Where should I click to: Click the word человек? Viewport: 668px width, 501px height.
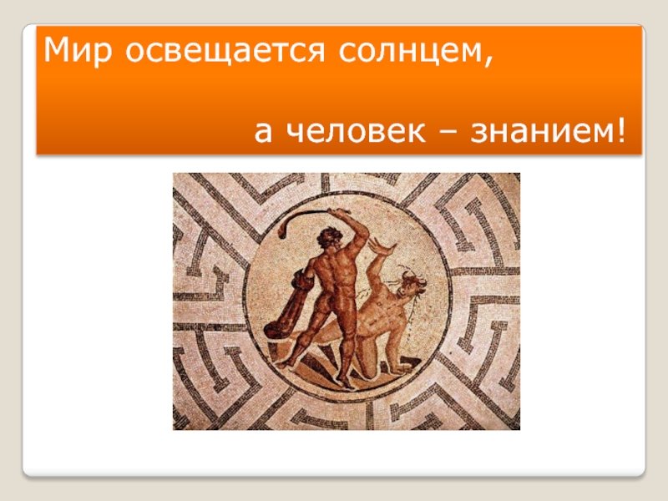point(357,131)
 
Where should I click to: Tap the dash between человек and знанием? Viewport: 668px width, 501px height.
point(448,133)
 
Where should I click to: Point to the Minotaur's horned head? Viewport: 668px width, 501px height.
point(410,285)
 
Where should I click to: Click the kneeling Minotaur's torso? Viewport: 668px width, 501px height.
point(378,311)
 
